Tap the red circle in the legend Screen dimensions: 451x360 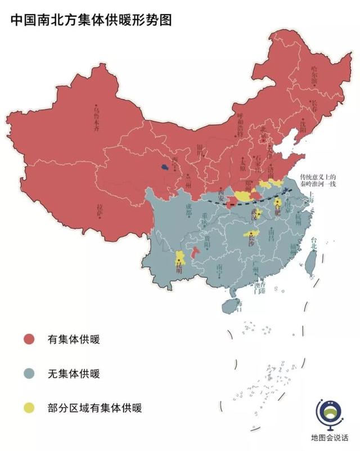(x=29, y=339)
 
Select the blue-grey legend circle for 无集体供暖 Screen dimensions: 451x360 (x=29, y=373)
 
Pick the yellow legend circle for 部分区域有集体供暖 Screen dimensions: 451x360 (x=29, y=407)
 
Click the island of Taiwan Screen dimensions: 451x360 (x=309, y=262)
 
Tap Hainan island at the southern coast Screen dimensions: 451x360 (x=231, y=306)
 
